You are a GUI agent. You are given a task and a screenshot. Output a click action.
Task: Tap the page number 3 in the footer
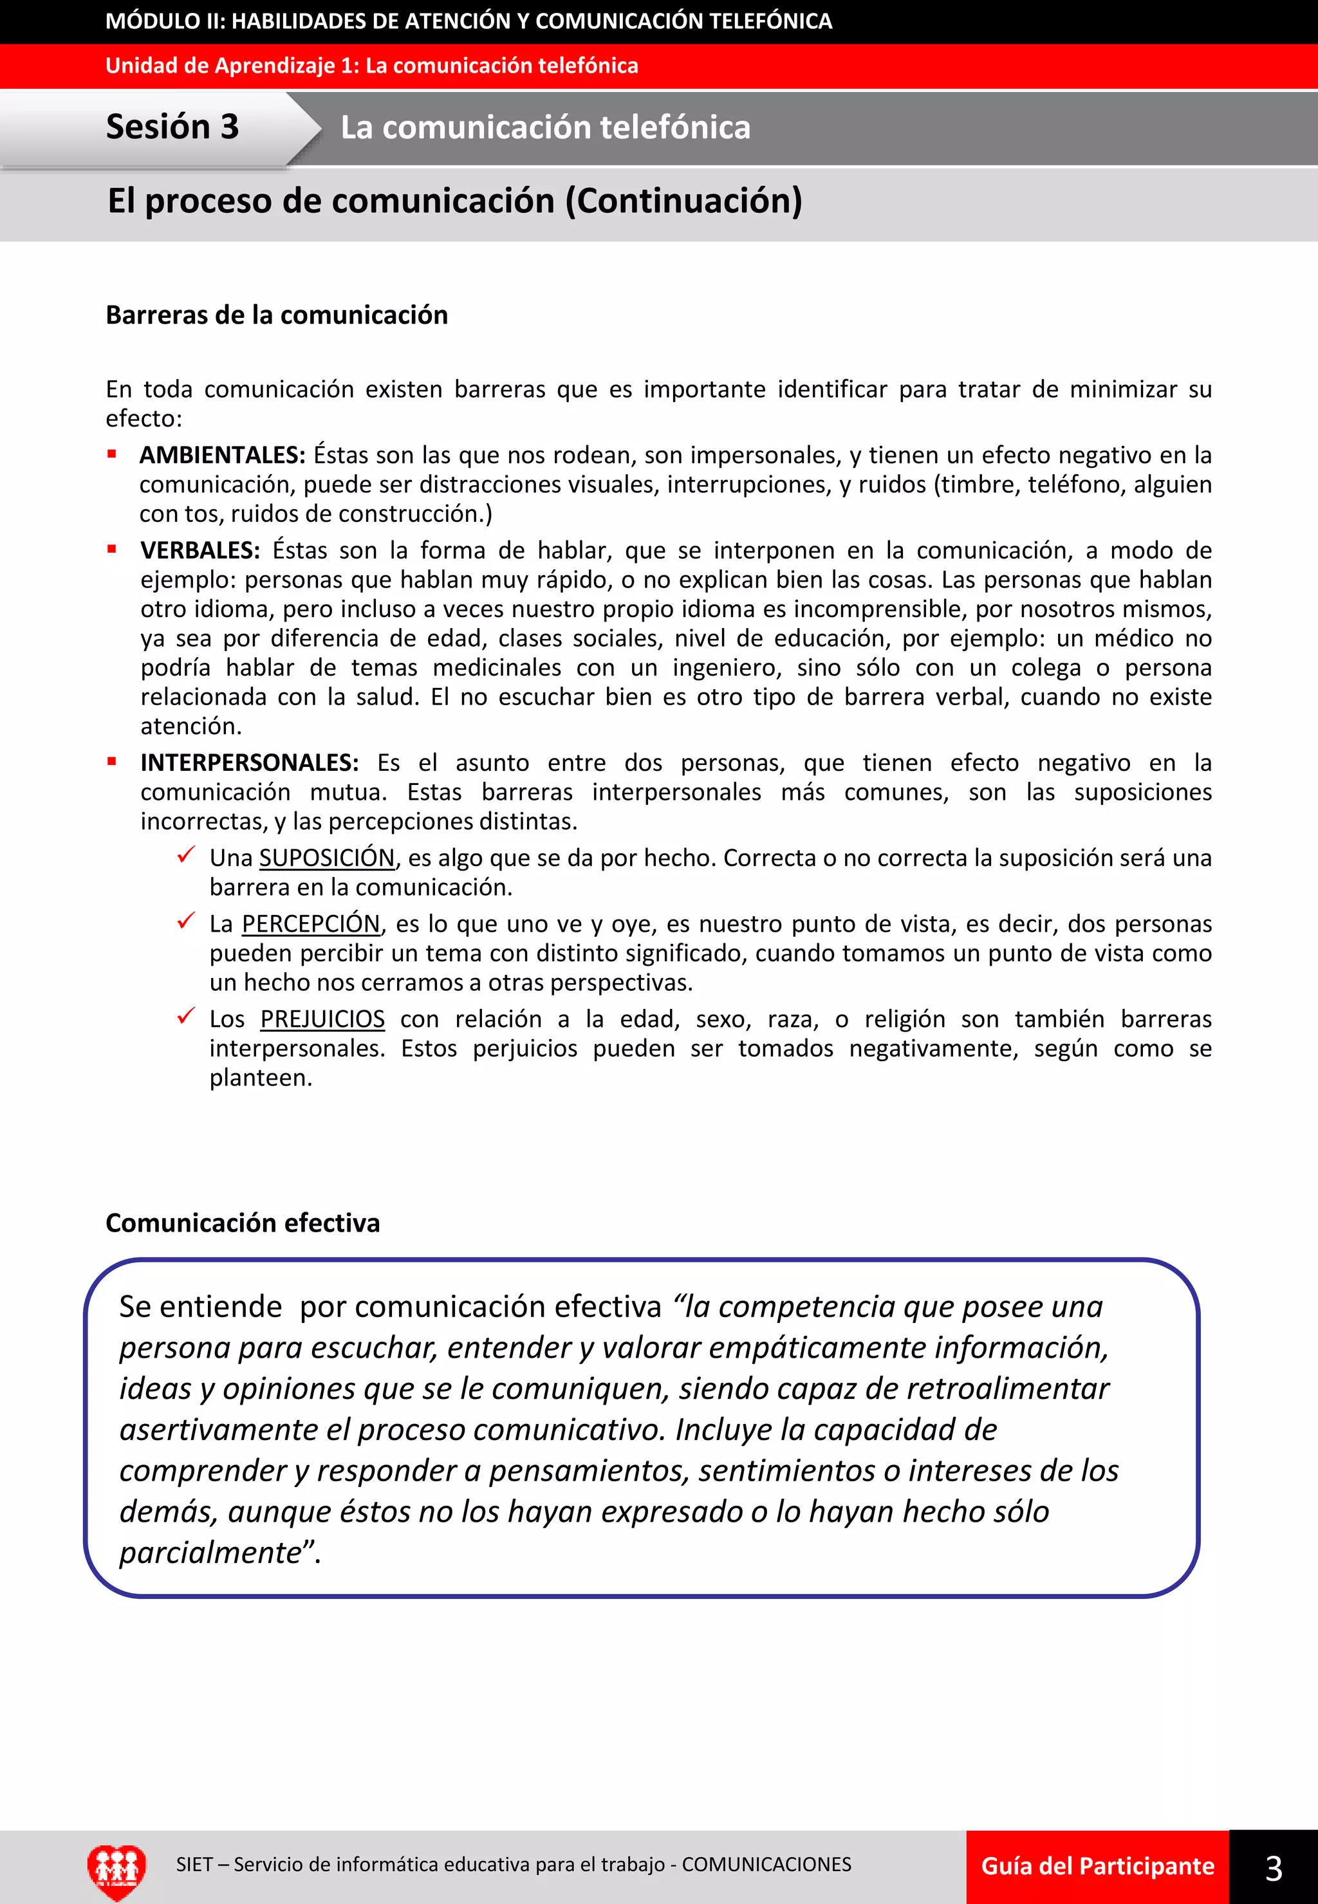tap(1274, 1868)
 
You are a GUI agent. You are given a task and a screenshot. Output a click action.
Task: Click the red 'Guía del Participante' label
tap(1097, 1866)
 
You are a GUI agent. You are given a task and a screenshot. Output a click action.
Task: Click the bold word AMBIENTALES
tap(222, 455)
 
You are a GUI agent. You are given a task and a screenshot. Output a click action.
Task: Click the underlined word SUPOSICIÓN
tap(327, 858)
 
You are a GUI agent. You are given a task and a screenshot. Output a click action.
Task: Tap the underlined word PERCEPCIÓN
tap(310, 923)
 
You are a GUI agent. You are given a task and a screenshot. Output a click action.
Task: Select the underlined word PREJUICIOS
tap(322, 1019)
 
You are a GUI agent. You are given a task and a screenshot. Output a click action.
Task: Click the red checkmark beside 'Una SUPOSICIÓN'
tap(186, 855)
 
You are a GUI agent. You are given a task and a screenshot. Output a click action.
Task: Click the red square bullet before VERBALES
tap(111, 548)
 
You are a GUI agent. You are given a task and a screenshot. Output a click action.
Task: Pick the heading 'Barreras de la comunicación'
tap(277, 315)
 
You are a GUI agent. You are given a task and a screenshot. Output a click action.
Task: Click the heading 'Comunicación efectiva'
tap(243, 1222)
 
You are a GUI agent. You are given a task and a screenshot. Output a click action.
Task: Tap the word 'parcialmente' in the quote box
tap(210, 1552)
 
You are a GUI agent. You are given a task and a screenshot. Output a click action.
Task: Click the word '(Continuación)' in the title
tap(683, 201)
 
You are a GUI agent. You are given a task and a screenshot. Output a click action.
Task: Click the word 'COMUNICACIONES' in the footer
tap(766, 1864)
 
